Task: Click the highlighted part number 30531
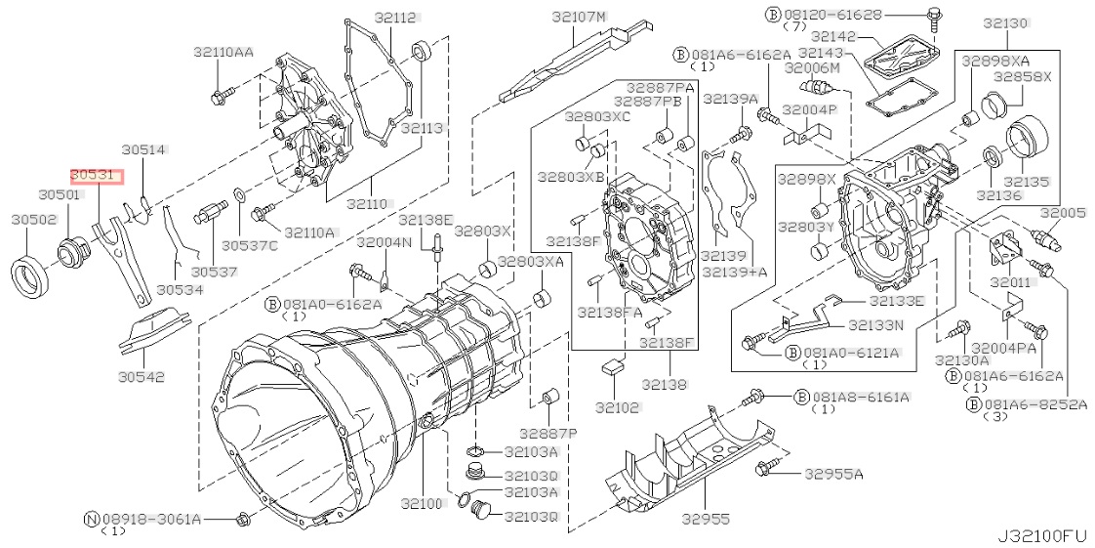coord(96,176)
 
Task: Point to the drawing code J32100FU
coord(1039,537)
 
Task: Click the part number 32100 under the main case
coord(422,502)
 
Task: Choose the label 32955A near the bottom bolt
coord(833,475)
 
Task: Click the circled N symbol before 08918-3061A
coord(91,519)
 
